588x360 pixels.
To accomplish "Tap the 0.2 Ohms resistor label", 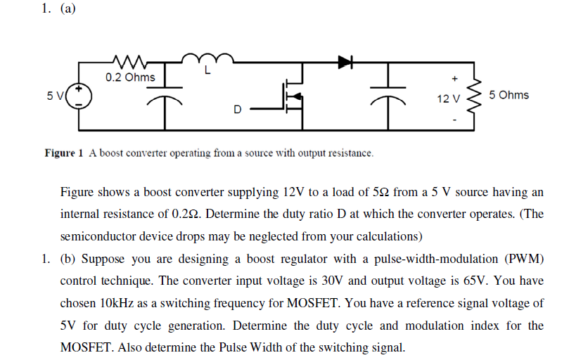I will [x=130, y=77].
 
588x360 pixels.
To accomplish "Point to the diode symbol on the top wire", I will [x=345, y=63].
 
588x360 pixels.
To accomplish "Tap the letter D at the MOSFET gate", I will [x=237, y=110].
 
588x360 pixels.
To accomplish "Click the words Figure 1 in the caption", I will [x=64, y=153].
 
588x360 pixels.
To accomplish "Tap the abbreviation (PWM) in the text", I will [x=522, y=259].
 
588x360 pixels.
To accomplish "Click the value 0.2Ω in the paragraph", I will [x=185, y=214].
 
